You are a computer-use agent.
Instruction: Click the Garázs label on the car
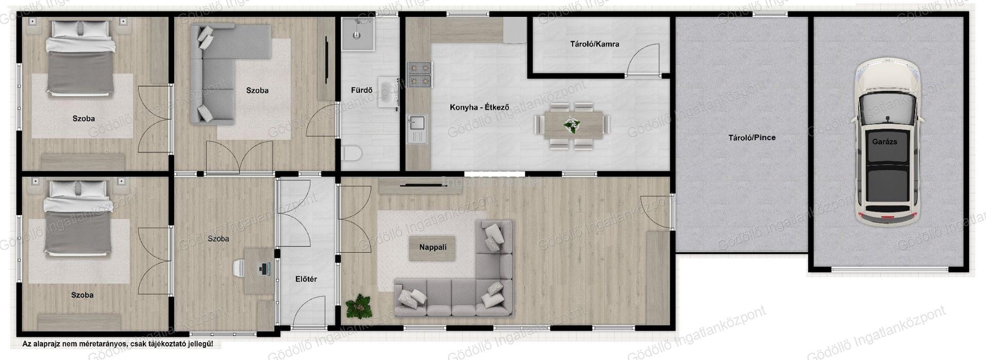coord(884,141)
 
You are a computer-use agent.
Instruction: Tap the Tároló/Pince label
coord(752,138)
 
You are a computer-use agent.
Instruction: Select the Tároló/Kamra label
coord(594,44)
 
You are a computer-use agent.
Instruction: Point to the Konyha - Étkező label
coord(479,107)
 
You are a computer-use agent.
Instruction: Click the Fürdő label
coord(362,90)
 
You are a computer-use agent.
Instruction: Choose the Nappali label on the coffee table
coord(433,247)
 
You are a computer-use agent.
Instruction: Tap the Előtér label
coord(306,279)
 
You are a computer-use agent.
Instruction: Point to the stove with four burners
coord(420,75)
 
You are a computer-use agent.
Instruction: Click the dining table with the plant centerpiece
coord(572,126)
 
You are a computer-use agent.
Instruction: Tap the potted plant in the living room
coord(359,306)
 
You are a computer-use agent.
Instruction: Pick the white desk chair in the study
coord(240,268)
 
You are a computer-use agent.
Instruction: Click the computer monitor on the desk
coord(266,268)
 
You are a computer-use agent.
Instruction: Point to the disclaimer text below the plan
coord(118,344)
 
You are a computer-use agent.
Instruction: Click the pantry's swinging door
coord(642,60)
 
